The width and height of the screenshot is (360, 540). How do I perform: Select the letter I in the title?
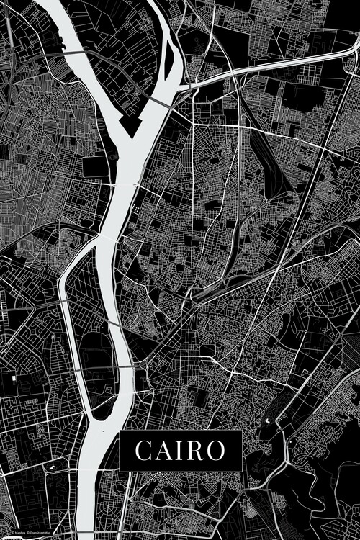[181, 451]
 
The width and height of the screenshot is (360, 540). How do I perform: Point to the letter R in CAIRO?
[195, 451]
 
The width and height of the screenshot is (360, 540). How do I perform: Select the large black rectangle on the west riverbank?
[95, 166]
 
